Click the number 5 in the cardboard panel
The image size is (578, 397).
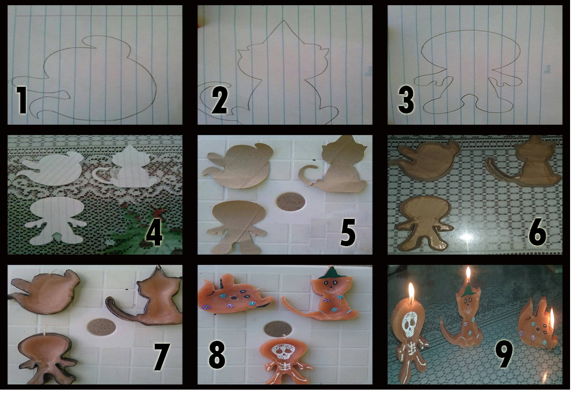(x=347, y=232)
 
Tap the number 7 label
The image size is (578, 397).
(x=162, y=357)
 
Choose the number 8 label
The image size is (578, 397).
(x=217, y=356)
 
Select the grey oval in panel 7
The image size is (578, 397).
(x=102, y=328)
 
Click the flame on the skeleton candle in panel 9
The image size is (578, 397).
(x=411, y=291)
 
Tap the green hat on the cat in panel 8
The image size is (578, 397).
(x=329, y=273)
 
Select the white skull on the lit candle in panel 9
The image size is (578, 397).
(x=410, y=324)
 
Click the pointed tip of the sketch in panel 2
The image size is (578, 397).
(x=284, y=20)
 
